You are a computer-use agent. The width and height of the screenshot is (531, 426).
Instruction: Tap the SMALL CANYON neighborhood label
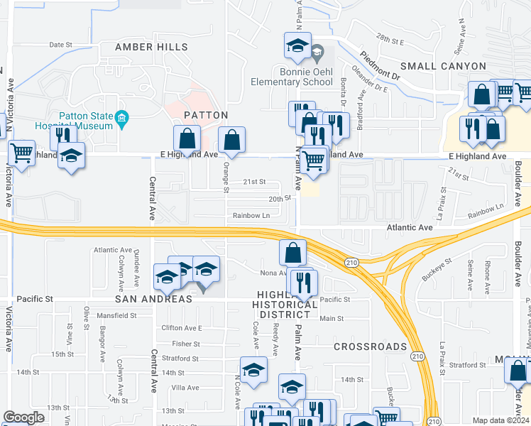point(443,66)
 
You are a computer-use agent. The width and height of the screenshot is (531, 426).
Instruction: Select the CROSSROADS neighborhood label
point(370,346)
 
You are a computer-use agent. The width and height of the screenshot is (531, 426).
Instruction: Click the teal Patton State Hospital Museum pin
point(121,119)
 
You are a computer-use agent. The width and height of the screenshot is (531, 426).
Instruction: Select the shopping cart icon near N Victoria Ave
point(22,152)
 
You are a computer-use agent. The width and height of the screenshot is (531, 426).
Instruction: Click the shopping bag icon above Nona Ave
point(292,252)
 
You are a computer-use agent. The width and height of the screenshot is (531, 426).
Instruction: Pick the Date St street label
point(61,45)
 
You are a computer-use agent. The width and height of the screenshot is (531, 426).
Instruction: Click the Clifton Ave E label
point(182,328)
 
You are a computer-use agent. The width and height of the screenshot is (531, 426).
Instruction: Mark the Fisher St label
point(186,344)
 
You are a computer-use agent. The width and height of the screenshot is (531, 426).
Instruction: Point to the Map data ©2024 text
point(500,420)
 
